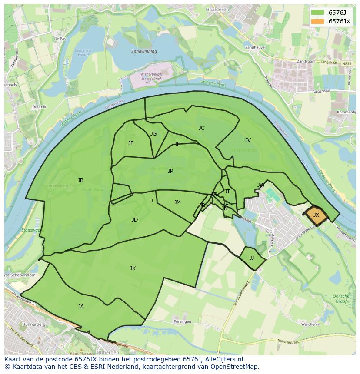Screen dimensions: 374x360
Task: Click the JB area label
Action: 80,180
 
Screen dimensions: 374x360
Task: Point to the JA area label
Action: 81,307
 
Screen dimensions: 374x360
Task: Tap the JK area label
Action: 133,268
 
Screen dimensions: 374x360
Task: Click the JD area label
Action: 135,220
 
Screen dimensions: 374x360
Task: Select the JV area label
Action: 248,140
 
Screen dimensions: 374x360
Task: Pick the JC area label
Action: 201,128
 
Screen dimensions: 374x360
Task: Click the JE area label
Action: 131,143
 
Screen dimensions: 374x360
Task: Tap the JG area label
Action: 153,134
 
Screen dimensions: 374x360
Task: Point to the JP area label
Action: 170,171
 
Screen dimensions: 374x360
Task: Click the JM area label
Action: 177,202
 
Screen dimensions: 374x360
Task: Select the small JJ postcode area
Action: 252,258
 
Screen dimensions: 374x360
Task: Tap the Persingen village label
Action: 182,322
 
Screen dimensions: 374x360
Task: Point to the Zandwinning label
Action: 144,51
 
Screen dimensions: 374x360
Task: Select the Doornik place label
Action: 39,106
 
